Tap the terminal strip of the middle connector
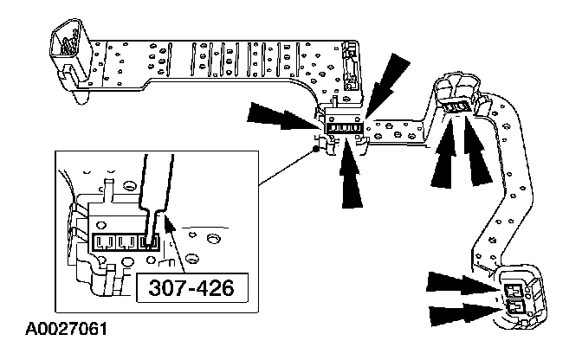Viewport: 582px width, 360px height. click(344, 127)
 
